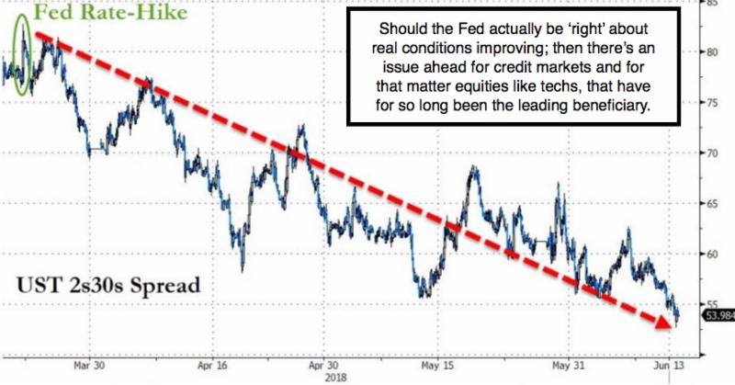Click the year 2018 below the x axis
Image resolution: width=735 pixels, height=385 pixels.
pos(333,377)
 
